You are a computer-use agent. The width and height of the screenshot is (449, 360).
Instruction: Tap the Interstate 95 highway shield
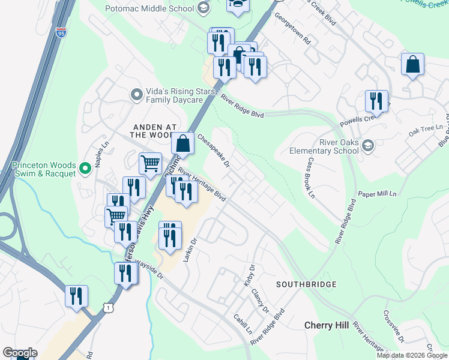(61, 33)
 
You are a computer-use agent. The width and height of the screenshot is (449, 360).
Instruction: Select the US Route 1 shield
(107, 307)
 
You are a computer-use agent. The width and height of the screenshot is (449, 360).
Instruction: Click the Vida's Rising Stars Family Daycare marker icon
(137, 94)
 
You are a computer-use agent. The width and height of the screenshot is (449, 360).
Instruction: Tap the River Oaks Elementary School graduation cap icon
(368, 145)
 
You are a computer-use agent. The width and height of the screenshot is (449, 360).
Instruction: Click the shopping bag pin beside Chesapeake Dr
(183, 143)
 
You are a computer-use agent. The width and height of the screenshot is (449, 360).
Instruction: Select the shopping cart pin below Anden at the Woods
(150, 163)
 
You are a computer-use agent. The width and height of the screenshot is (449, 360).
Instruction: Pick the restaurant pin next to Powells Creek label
(376, 101)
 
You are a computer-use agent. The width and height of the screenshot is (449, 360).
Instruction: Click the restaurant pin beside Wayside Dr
(126, 273)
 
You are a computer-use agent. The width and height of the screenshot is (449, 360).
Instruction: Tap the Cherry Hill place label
(326, 325)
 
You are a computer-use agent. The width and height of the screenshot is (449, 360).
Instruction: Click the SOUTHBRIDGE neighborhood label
(306, 284)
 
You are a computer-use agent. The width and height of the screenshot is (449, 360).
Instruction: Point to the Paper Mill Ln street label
(378, 194)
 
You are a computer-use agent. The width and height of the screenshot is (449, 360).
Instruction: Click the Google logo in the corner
(20, 353)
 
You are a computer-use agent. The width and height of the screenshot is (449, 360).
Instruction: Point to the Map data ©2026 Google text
(411, 355)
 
